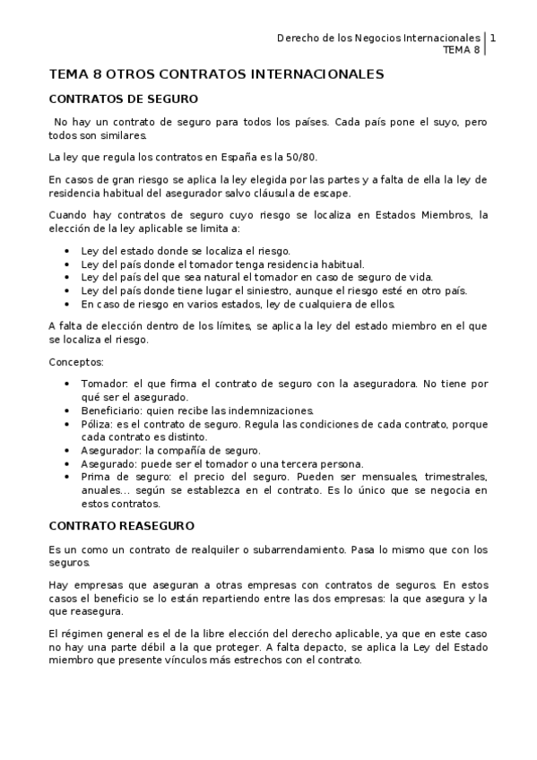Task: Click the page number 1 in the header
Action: [x=493, y=39]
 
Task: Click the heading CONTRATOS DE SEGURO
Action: [x=123, y=99]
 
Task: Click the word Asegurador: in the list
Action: [x=110, y=450]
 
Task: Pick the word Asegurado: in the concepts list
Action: [x=109, y=463]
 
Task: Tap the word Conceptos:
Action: [x=76, y=363]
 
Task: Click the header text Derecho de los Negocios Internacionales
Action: [x=378, y=39]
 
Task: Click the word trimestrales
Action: [x=456, y=477]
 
